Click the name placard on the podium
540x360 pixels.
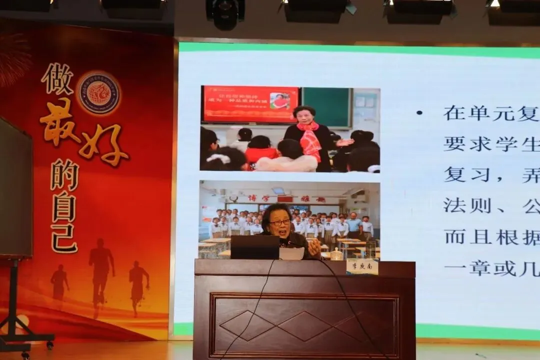point(362,267)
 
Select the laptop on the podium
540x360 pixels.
point(254,247)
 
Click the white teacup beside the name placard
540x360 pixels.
point(337,254)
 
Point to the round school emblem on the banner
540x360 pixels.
point(98,93)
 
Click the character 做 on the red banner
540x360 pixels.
point(57,79)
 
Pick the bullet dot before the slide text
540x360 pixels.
point(419,113)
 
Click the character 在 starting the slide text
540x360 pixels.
point(454,113)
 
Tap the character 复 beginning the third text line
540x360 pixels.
point(454,174)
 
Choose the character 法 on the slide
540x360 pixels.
point(454,205)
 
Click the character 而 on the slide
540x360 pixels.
point(454,236)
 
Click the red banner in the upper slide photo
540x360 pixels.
point(250,104)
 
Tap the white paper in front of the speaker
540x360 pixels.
point(291,253)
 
